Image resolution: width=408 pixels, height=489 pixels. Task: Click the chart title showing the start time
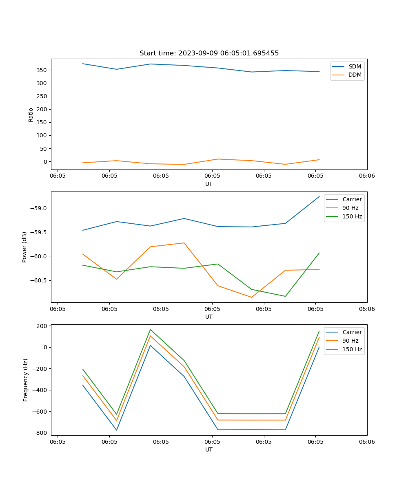[x=209, y=53]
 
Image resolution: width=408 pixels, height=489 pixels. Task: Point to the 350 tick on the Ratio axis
[x=43, y=70]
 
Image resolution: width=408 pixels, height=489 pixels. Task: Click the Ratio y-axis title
[x=31, y=115]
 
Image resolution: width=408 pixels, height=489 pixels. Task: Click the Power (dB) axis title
[x=24, y=247]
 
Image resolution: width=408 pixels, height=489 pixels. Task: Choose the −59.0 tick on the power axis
[x=39, y=208]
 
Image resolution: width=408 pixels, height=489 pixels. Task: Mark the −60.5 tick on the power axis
[x=39, y=280]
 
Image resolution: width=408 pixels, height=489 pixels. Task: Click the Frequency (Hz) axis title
[x=26, y=380]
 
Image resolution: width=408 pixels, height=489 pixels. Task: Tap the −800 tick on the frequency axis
[x=41, y=433]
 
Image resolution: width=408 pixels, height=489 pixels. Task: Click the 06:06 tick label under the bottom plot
[x=366, y=441]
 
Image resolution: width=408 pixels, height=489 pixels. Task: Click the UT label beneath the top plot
[x=209, y=184]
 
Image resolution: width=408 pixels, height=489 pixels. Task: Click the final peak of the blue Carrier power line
[x=319, y=196]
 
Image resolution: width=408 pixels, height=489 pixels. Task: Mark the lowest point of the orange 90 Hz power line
[x=251, y=297]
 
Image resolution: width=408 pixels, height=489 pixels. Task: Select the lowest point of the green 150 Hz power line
[x=285, y=296]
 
